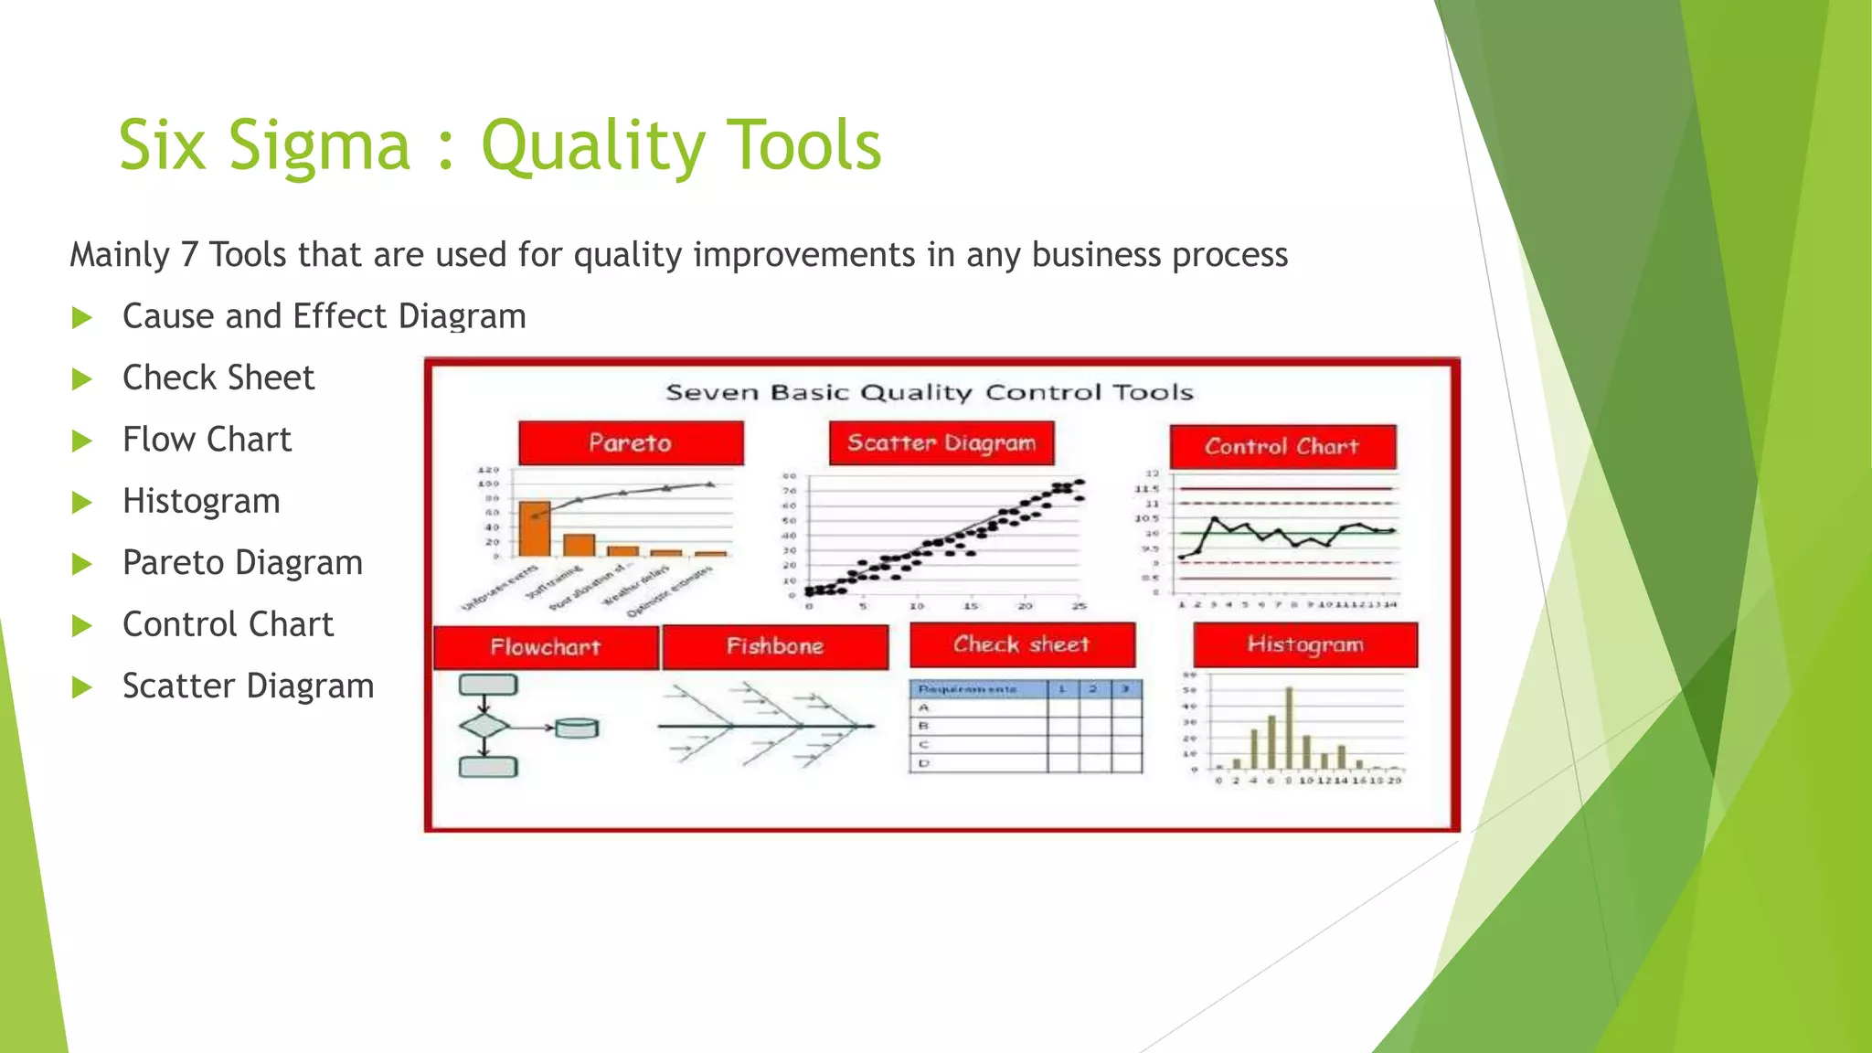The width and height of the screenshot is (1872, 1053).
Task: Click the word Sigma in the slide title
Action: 319,146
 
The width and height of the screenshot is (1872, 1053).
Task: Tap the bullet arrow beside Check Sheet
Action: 82,379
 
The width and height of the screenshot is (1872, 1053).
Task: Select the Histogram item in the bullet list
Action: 201,501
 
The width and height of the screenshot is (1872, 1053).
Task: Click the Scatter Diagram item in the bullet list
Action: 248,686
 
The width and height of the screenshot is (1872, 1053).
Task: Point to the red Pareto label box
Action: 631,443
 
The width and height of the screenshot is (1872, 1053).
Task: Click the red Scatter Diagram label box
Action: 941,443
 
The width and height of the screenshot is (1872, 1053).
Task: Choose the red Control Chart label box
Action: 1282,447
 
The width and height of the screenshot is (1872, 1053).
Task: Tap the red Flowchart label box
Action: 546,647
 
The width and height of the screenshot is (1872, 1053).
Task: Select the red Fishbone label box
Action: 775,646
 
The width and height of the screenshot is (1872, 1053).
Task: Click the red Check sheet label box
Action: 1022,644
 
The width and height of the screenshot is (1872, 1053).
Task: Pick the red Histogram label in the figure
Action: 1305,644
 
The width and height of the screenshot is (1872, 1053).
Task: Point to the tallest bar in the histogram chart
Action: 1289,728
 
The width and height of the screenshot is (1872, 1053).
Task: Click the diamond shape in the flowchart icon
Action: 484,727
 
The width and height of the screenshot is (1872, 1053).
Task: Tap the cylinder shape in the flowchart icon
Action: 577,729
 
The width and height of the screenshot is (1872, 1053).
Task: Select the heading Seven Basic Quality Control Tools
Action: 930,393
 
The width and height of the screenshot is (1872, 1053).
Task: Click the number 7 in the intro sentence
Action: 189,255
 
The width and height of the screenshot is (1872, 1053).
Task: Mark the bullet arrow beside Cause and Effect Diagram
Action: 82,318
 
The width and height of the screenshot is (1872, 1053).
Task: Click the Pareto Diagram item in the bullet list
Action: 242,562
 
